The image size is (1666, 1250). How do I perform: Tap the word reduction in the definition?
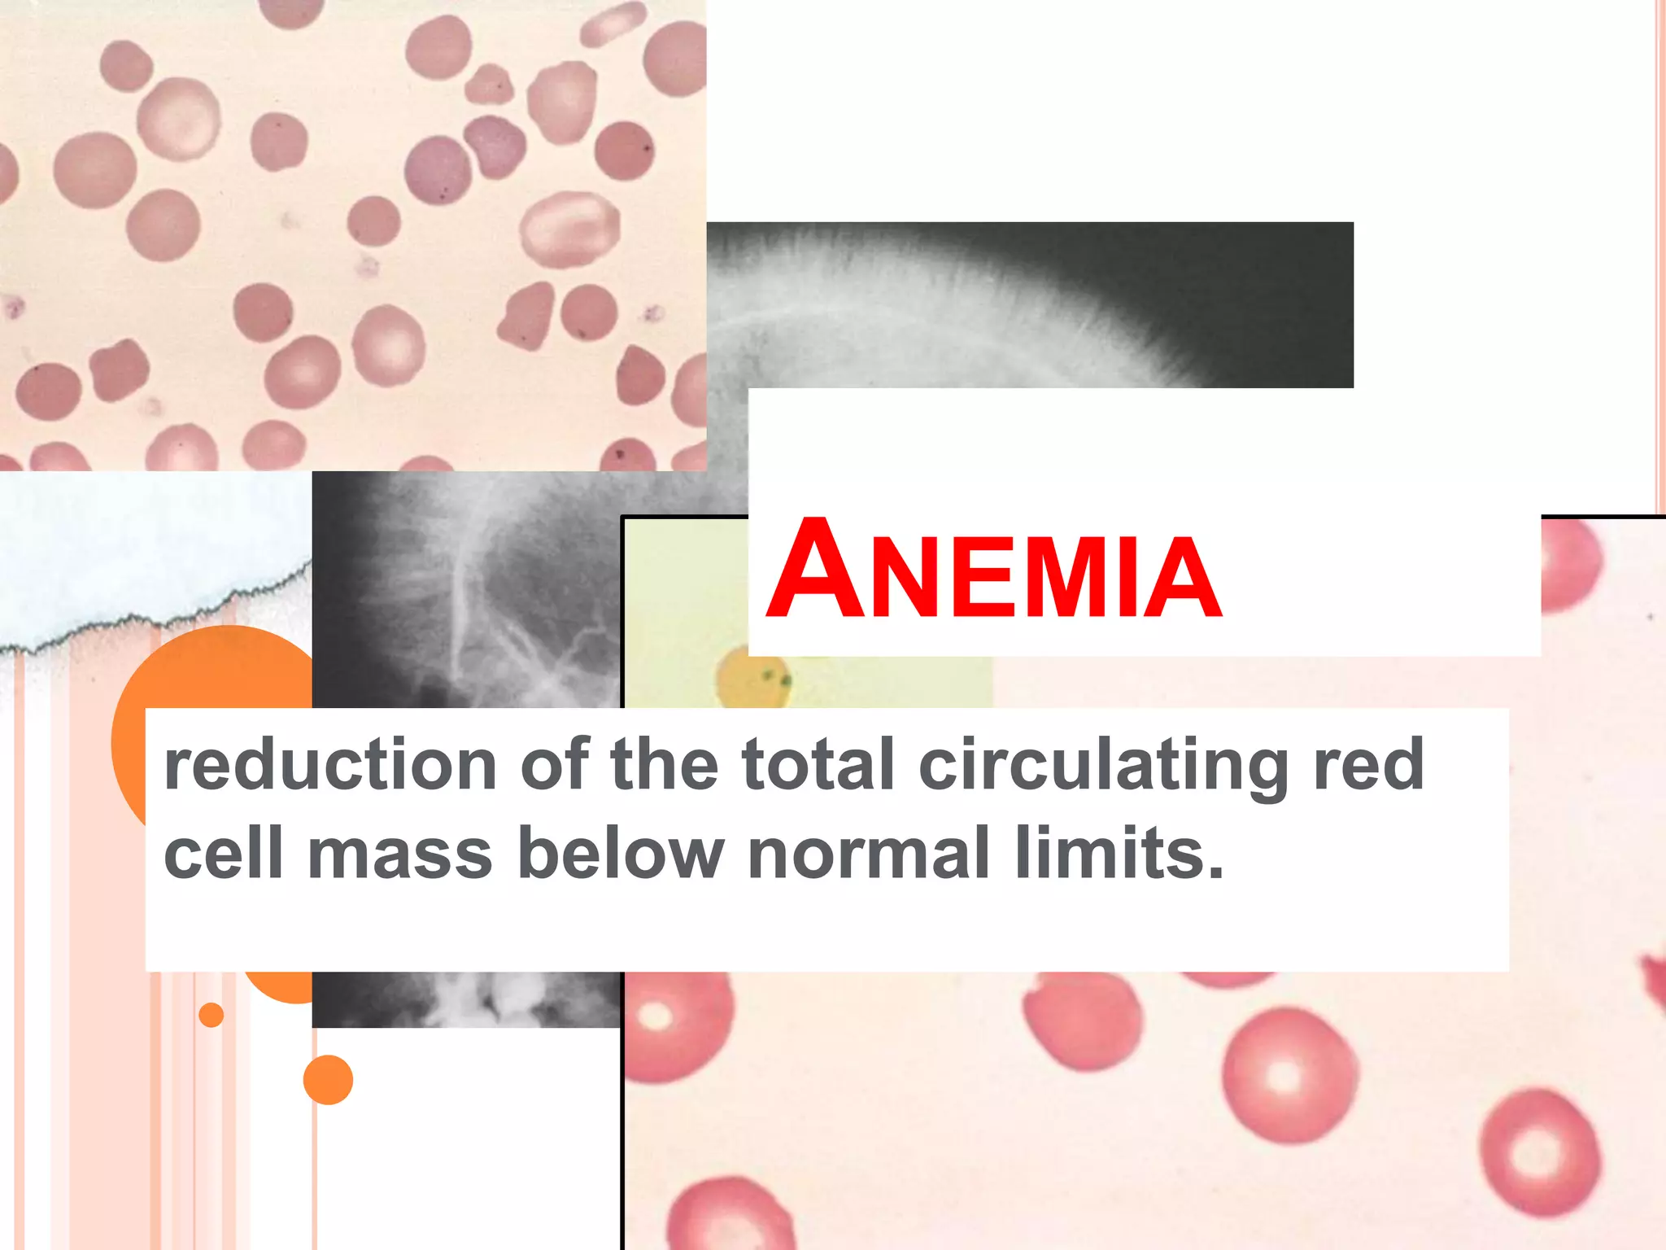[330, 765]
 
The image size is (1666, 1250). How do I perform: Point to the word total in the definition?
[818, 765]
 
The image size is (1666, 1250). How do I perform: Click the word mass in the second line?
[400, 854]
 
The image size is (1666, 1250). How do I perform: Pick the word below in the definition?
[620, 854]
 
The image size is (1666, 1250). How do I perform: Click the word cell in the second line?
[223, 854]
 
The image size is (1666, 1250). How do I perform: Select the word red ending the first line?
[1368, 765]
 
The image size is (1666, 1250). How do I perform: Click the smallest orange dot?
[211, 1015]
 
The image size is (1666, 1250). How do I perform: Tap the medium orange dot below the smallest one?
[328, 1080]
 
